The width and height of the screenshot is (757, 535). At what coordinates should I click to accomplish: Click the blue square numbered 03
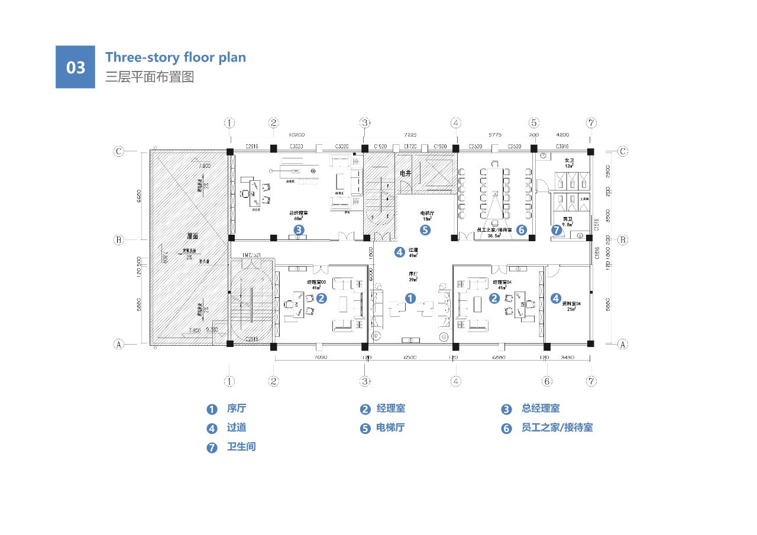75,67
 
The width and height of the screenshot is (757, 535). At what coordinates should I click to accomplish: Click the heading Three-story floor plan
176,57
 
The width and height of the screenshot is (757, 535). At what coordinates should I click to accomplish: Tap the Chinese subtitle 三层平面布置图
150,77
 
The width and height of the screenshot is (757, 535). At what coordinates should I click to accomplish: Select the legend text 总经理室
541,408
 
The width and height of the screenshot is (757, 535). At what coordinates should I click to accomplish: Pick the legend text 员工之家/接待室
557,427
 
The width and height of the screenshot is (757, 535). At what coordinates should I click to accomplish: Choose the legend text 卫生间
241,446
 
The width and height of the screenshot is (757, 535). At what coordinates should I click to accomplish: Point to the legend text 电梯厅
390,427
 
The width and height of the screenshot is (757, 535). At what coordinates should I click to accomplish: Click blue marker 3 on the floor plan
299,229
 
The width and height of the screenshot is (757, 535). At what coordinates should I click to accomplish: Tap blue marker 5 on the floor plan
425,229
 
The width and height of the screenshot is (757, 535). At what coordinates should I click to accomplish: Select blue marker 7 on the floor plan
556,230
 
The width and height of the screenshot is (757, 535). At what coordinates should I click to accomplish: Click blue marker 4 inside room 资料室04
556,299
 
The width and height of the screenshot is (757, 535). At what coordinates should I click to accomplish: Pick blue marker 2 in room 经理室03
321,299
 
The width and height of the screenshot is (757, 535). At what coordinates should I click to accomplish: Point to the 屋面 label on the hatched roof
192,236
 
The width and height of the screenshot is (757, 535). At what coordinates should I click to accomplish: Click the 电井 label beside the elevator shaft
405,174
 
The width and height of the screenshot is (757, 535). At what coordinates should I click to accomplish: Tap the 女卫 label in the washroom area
569,160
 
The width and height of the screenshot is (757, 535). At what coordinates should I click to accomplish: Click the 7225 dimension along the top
411,135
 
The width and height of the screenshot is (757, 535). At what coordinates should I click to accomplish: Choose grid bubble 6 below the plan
547,381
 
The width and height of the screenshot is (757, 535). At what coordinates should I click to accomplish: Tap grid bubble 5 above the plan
534,123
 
